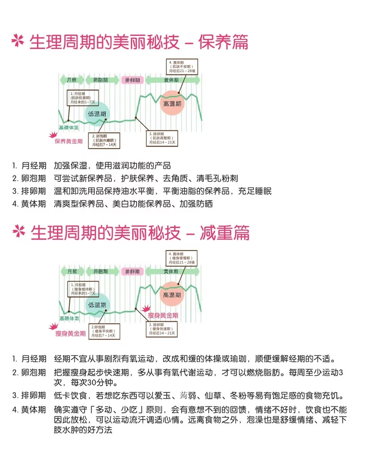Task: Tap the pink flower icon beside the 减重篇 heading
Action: click(18, 232)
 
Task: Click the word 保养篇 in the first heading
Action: click(223, 42)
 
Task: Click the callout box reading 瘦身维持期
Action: click(83, 288)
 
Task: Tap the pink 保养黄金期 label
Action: click(69, 141)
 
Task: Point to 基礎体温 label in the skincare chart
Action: click(68, 127)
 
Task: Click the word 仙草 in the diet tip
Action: click(214, 396)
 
